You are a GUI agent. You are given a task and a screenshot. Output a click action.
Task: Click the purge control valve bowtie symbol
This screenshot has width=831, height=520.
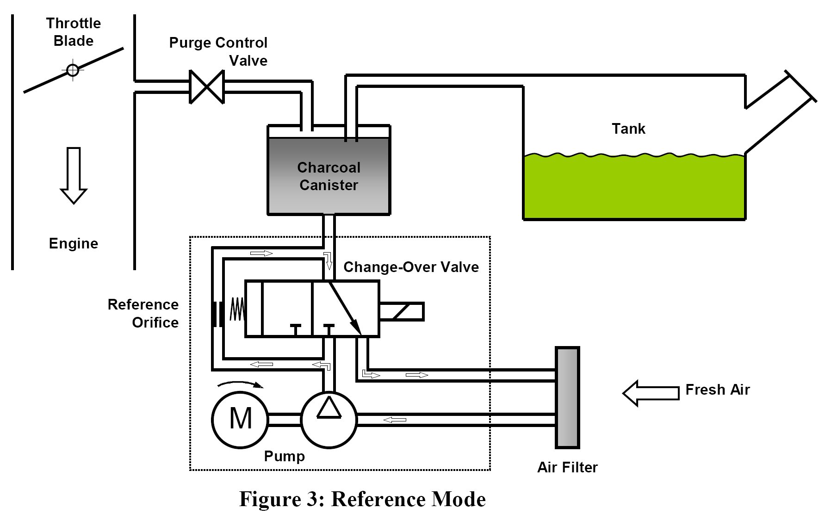207,87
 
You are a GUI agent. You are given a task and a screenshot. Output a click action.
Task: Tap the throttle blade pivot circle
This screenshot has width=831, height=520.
73,70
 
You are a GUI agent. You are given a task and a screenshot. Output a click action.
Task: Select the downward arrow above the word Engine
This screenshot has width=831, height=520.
74,175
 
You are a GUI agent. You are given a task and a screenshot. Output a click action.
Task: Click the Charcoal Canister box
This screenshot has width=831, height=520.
329,176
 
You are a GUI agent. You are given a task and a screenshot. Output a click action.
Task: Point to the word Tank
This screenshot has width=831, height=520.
628,129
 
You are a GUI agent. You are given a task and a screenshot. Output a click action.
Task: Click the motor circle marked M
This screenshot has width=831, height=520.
240,419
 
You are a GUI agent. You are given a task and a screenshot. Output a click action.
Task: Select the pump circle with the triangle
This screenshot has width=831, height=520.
329,419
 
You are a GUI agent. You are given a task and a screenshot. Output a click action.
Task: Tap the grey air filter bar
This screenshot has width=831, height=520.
567,397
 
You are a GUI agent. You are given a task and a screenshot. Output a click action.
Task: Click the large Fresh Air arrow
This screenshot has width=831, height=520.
651,393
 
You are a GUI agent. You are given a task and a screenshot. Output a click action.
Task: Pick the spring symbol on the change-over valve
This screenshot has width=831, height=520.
237,309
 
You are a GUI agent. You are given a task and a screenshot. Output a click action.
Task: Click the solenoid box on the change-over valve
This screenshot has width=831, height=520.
401,311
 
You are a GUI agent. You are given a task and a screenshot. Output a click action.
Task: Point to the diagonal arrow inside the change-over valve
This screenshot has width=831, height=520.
345,308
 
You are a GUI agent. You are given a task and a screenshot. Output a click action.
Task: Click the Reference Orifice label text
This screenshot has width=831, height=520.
143,313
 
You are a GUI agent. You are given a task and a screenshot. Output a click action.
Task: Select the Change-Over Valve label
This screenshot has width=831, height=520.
411,267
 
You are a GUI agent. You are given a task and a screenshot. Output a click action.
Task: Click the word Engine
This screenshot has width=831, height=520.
74,243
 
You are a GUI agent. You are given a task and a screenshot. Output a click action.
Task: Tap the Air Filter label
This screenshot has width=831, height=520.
567,467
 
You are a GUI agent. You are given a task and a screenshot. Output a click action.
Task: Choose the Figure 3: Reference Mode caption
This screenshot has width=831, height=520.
362,499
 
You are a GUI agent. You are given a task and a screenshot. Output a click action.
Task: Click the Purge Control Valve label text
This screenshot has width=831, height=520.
218,51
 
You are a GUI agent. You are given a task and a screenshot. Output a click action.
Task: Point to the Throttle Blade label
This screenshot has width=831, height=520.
74,32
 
